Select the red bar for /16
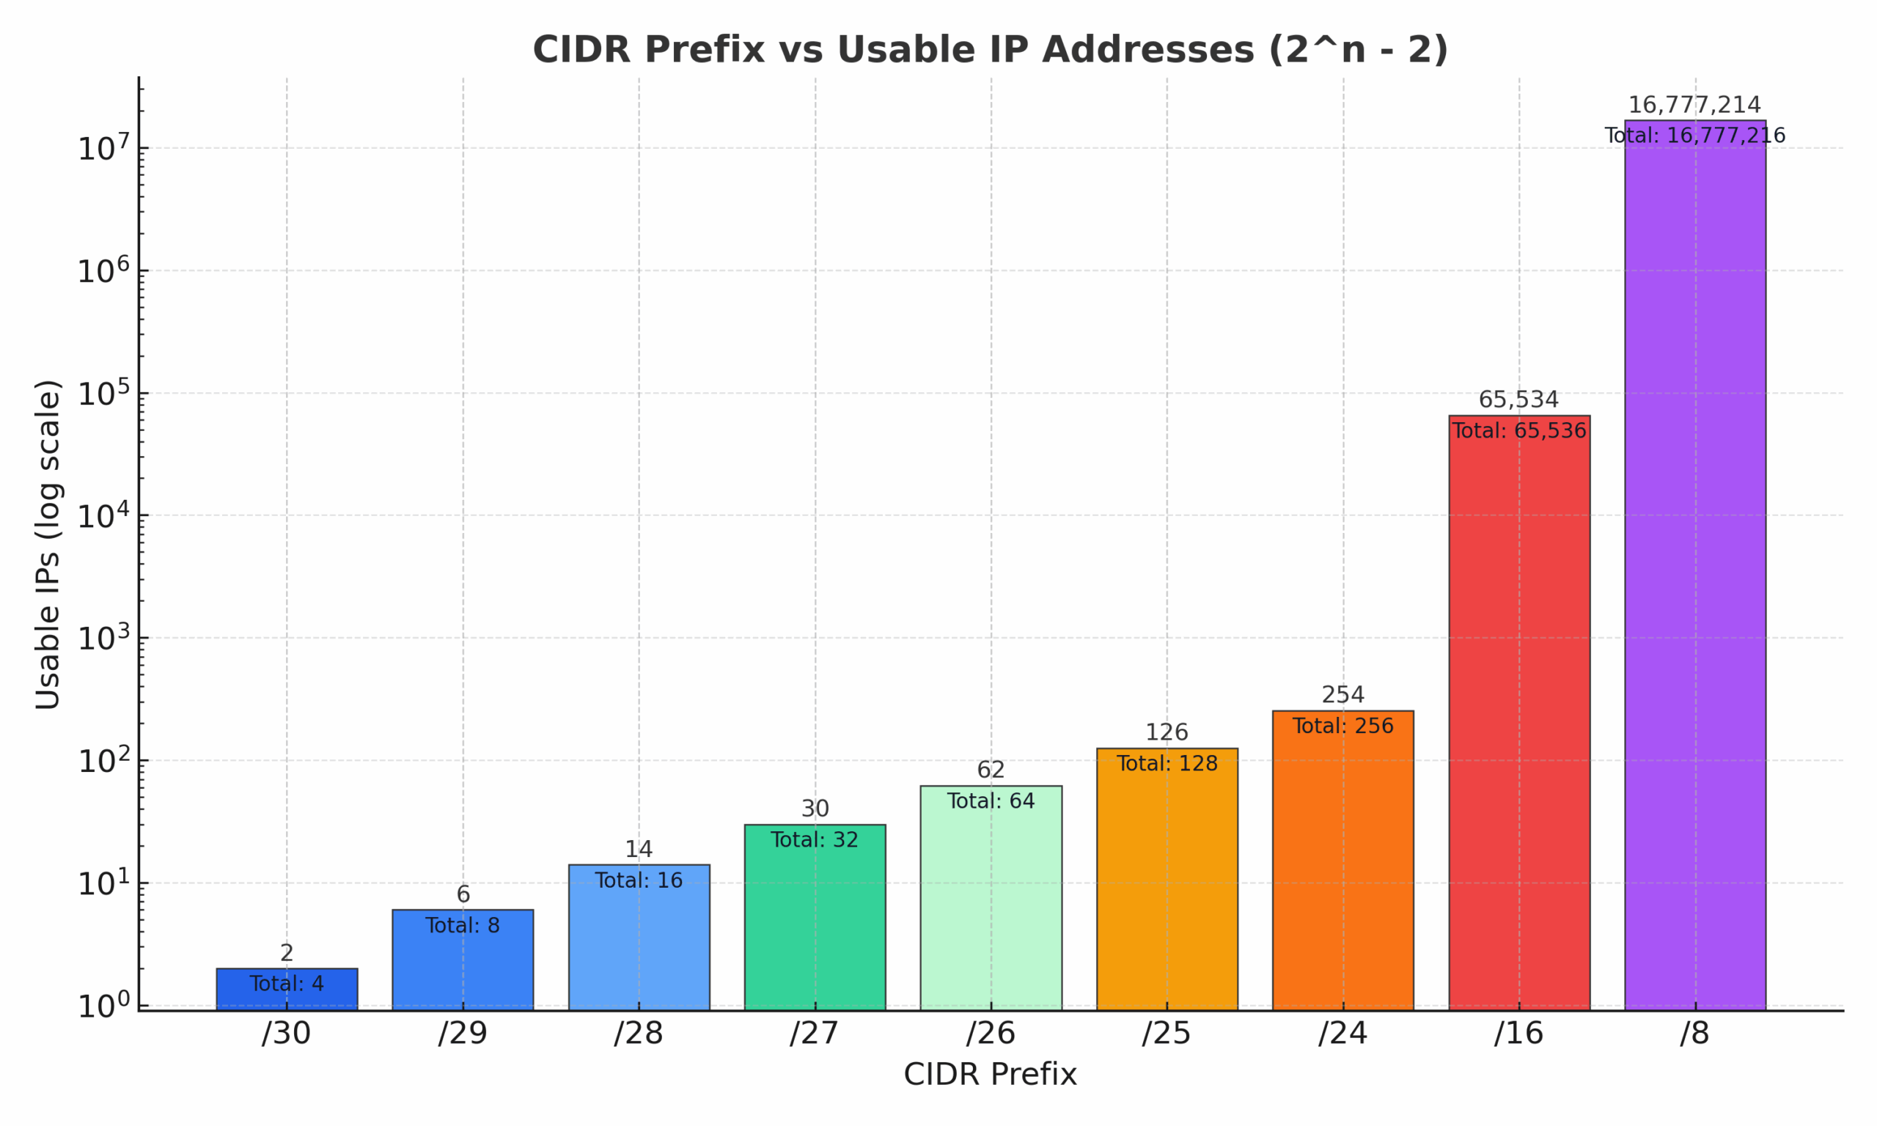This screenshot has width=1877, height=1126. (1519, 721)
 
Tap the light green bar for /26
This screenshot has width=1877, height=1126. (991, 910)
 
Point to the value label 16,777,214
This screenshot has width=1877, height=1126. (1694, 105)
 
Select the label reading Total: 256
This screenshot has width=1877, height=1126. (1343, 726)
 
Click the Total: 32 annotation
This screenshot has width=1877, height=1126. (815, 840)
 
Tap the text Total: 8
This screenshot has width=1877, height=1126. (463, 926)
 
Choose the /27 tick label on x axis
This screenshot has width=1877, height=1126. (814, 1034)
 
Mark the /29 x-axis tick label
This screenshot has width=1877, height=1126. (462, 1034)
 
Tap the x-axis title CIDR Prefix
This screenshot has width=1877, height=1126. (990, 1075)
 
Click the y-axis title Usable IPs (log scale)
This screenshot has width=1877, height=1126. (48, 545)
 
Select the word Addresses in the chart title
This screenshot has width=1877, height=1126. (1148, 50)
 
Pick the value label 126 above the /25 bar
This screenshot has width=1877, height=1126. (1166, 733)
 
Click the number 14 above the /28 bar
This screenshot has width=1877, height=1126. (639, 849)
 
